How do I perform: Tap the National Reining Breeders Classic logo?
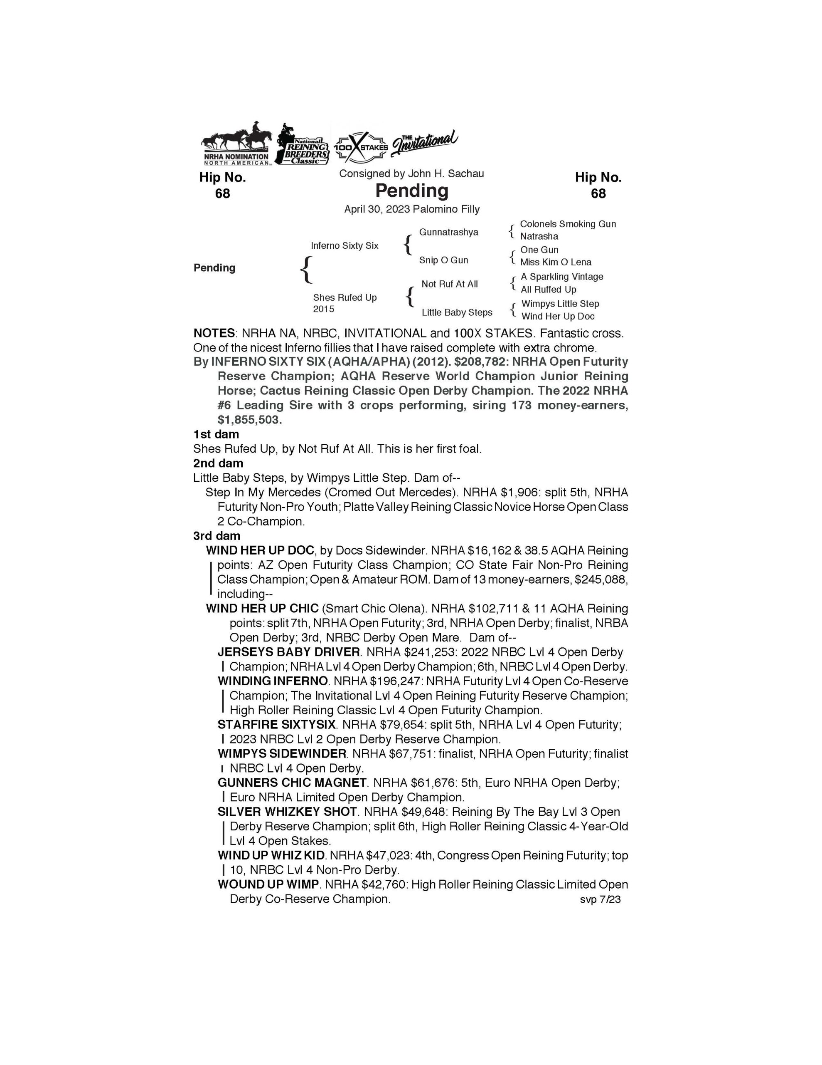pyautogui.click(x=303, y=145)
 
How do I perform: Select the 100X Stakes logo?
pyautogui.click(x=361, y=147)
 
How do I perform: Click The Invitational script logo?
pyautogui.click(x=424, y=142)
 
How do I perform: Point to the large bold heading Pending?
pyautogui.click(x=412, y=190)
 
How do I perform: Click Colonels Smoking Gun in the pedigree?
pyautogui.click(x=568, y=224)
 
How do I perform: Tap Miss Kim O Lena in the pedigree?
pyautogui.click(x=556, y=262)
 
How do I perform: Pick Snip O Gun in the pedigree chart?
pyautogui.click(x=443, y=260)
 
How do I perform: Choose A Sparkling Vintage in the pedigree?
pyautogui.click(x=562, y=277)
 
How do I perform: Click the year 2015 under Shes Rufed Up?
pyautogui.click(x=324, y=309)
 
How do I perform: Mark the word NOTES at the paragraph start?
pyautogui.click(x=214, y=334)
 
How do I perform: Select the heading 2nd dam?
pyautogui.click(x=218, y=463)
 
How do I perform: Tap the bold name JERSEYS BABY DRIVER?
pyautogui.click(x=288, y=652)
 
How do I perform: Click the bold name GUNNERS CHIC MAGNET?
pyautogui.click(x=292, y=783)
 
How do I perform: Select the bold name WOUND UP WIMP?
pyautogui.click(x=268, y=884)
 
